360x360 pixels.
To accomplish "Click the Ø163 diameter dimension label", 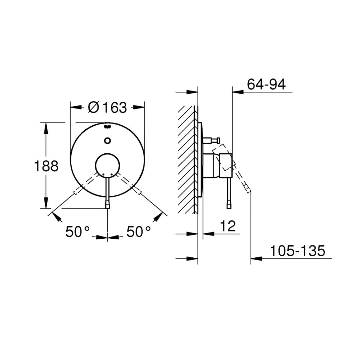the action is pyautogui.click(x=107, y=107).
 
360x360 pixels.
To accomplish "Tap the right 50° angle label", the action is pyautogui.click(x=139, y=231).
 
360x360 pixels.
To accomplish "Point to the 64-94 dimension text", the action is pyautogui.click(x=266, y=84).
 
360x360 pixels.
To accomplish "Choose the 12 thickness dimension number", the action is pyautogui.click(x=228, y=226).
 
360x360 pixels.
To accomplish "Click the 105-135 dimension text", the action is pyautogui.click(x=298, y=251).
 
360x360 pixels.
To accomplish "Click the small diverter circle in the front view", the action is pyautogui.click(x=107, y=140).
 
